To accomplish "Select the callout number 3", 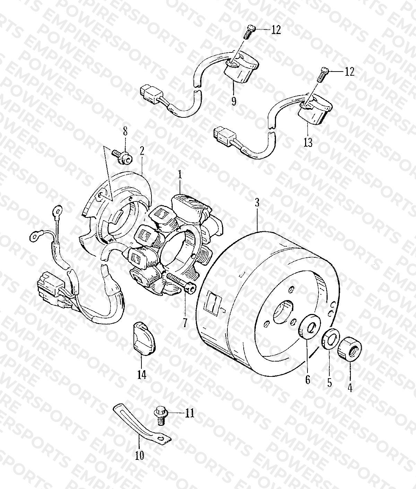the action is (x=257, y=203).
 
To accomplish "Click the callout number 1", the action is (x=180, y=175).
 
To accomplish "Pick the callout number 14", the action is (x=142, y=374).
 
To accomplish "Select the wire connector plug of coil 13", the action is (x=225, y=136).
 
